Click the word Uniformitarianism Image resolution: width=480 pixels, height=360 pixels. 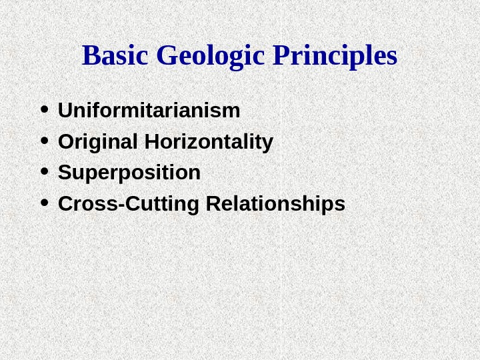[x=149, y=111]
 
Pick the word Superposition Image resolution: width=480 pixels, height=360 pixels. [x=129, y=173]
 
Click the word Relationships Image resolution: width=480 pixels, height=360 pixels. [x=276, y=204]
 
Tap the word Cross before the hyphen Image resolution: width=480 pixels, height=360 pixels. [x=87, y=204]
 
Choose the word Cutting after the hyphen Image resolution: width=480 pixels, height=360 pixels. [x=161, y=204]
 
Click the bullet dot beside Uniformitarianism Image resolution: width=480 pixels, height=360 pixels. [x=44, y=110]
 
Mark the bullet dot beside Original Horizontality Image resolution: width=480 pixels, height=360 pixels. [x=44, y=141]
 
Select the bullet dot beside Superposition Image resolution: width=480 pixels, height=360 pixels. [x=44, y=172]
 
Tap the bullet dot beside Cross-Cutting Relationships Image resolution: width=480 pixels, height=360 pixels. [x=44, y=203]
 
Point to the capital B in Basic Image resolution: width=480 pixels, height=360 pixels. [x=90, y=57]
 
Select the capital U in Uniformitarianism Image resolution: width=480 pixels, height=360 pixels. [x=65, y=111]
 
